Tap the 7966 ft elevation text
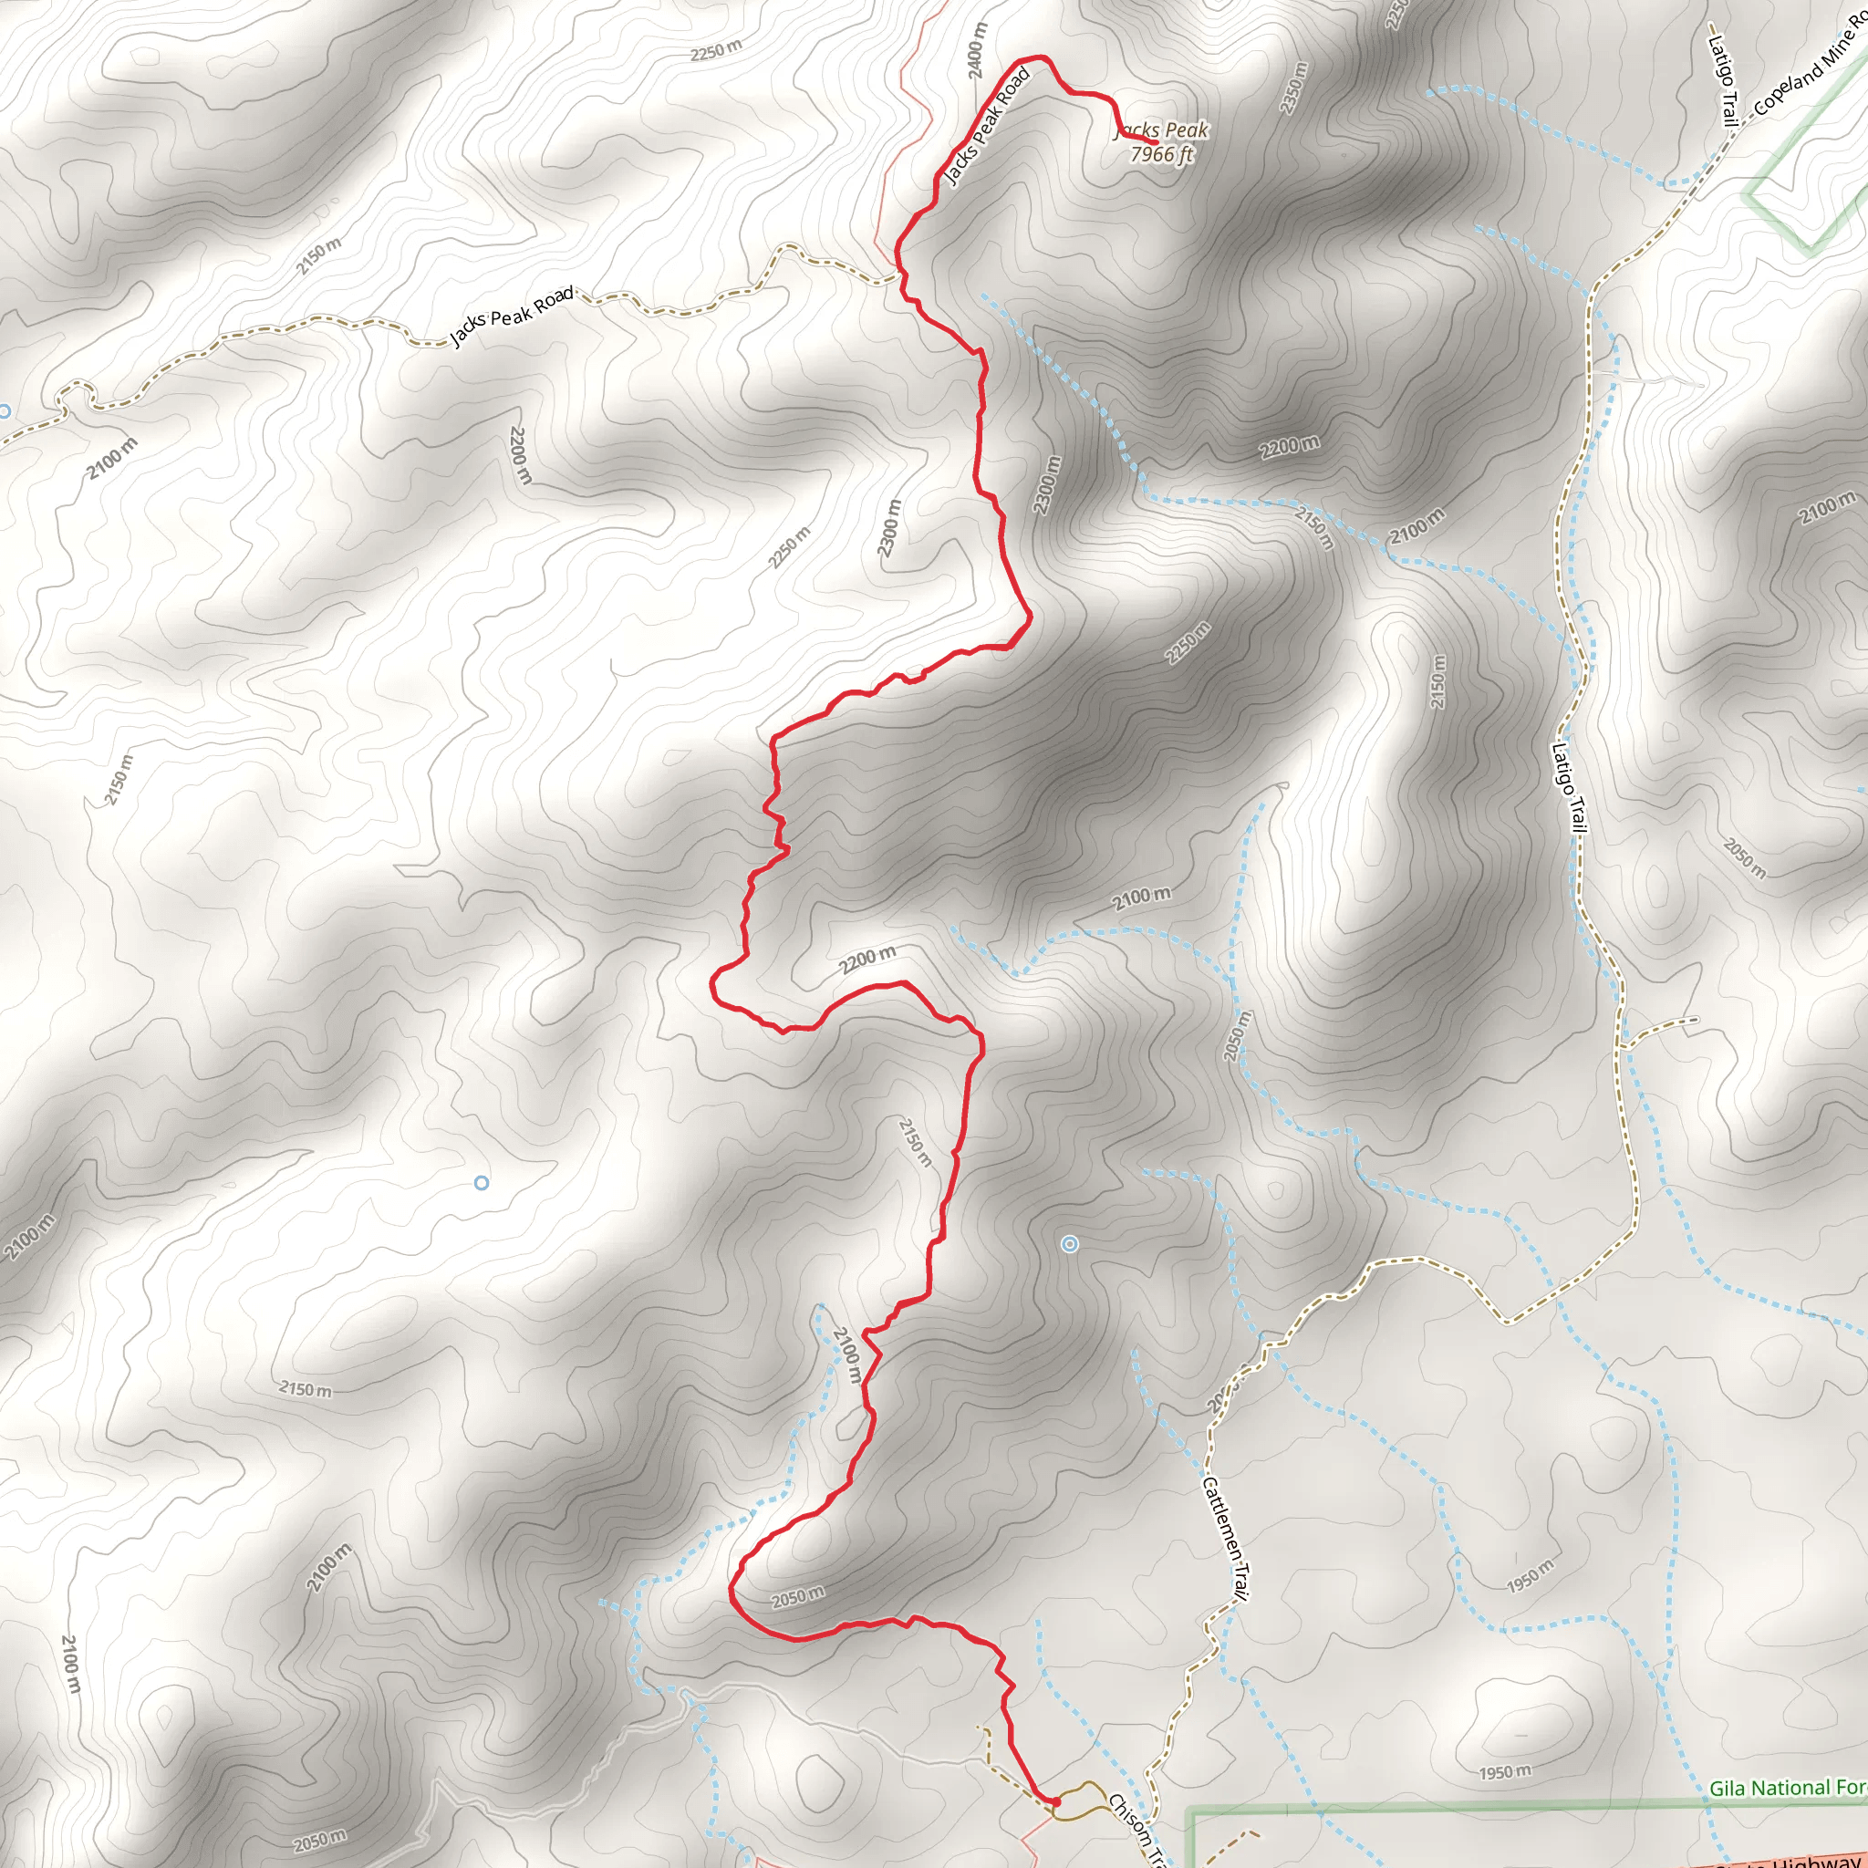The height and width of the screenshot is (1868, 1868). [1162, 155]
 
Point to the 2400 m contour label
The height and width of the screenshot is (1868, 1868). [977, 50]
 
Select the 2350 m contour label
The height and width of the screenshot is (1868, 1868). [1293, 88]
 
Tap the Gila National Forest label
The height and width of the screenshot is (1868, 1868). [1787, 1788]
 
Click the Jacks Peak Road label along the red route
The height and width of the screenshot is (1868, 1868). [987, 126]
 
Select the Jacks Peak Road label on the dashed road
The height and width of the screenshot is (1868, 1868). [512, 316]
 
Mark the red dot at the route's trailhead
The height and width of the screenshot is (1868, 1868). [1055, 1802]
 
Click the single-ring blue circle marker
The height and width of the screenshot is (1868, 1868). [482, 1182]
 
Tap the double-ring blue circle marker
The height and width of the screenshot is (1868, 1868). [1069, 1244]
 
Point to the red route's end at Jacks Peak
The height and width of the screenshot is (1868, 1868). [1155, 142]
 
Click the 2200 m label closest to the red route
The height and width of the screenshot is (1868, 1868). [867, 960]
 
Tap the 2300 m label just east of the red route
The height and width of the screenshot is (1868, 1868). [1046, 485]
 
